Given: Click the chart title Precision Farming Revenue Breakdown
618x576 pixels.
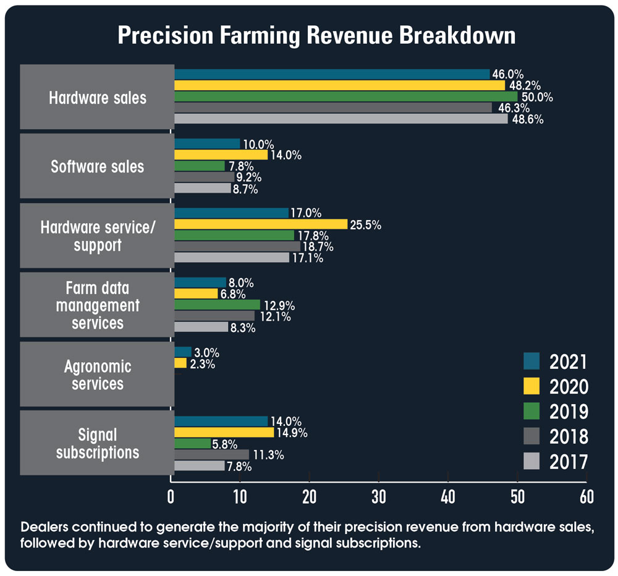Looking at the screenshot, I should (316, 36).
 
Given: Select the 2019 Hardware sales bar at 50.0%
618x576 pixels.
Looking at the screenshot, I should (346, 96).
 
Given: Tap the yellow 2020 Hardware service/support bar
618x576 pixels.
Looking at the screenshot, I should (260, 224).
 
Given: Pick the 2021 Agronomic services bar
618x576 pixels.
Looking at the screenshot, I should (183, 352).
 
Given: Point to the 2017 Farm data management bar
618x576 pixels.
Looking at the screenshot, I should (201, 327).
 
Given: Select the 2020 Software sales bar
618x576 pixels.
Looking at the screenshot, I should (221, 155).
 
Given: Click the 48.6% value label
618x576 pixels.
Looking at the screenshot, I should (528, 120).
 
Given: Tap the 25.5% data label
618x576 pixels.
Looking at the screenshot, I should (366, 224).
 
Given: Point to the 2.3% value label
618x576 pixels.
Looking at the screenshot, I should (202, 364).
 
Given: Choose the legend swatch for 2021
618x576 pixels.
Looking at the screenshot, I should (531, 361).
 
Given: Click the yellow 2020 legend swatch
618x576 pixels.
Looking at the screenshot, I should (531, 386).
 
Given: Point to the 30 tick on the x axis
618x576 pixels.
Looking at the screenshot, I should (378, 497).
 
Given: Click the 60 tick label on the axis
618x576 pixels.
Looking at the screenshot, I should (586, 497).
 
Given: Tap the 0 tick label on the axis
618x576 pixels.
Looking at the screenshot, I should (171, 497).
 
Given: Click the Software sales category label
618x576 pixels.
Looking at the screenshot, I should (97, 166).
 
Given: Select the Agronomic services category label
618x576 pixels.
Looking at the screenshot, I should (97, 375).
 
